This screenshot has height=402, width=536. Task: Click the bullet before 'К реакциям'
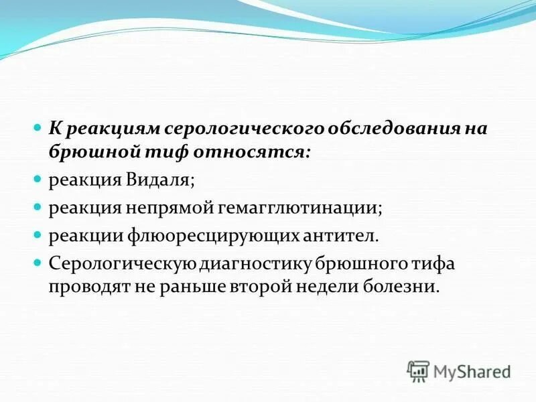38,126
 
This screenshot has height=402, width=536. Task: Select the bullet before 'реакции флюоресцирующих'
38,235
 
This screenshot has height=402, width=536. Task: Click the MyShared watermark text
471,371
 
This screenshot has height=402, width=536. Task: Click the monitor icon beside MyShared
418,371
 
